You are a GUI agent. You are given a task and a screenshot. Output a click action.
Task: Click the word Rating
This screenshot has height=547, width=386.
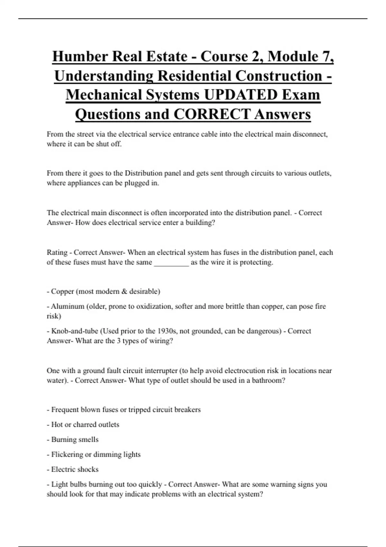(57, 253)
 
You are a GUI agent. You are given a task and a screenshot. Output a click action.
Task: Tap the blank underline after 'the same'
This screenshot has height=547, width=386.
(171, 263)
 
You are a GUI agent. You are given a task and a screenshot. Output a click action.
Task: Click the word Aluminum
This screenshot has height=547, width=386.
(67, 306)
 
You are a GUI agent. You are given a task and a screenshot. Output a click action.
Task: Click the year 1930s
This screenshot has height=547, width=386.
(167, 331)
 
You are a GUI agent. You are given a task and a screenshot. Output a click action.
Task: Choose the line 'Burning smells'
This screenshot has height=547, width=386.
(73, 440)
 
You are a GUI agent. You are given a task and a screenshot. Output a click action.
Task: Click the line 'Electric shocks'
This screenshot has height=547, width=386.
(73, 469)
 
